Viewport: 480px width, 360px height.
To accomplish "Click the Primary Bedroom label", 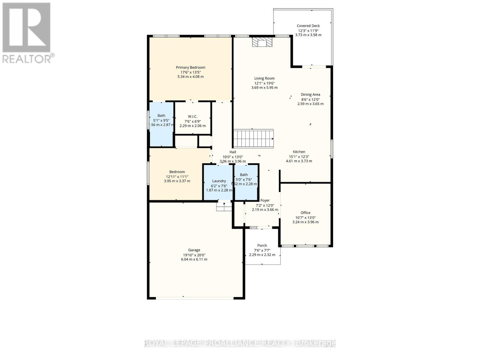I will (190, 67).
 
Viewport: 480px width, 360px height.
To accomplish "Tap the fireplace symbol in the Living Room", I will (262, 42).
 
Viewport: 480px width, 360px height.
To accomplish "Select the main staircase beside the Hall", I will (253, 139).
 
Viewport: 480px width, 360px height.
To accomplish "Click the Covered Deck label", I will (308, 26).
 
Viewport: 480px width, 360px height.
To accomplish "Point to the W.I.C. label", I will (193, 116).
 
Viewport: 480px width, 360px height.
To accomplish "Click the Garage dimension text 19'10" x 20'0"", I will (194, 255).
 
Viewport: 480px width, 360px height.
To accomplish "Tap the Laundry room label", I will (219, 181).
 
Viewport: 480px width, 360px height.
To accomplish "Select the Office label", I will (305, 213).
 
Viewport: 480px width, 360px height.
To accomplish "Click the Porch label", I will (262, 245).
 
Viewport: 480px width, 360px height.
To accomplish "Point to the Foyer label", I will (265, 200).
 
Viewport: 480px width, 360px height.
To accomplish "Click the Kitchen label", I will (299, 152).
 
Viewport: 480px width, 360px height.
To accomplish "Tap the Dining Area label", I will (310, 94).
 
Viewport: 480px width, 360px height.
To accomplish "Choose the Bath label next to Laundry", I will (244, 175).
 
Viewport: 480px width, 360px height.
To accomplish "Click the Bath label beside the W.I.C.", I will (161, 115).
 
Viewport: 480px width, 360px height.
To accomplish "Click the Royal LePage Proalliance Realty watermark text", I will (240, 343).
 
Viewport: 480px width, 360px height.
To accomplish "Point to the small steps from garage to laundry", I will (224, 207).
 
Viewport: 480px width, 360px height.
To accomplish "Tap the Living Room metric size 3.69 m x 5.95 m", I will (264, 88).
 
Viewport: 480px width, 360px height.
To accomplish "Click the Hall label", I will (233, 152).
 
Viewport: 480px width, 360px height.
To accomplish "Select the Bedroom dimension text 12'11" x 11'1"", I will (177, 177).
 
